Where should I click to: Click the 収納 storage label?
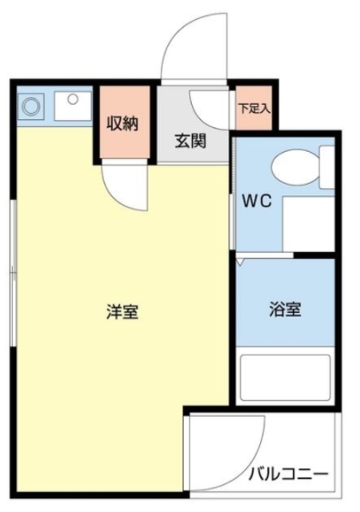pos(123,124)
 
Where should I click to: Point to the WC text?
pos(257,202)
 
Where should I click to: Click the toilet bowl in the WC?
pos(293,169)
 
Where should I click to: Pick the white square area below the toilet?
pos(307,222)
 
